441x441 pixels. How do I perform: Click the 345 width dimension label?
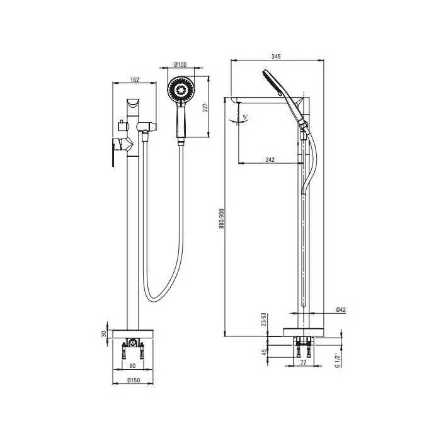276,57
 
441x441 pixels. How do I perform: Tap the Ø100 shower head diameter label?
180,65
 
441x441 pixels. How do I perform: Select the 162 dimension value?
135,80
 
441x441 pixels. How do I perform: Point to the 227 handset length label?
205,108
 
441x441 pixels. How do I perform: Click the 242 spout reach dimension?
270,160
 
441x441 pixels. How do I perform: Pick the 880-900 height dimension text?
222,219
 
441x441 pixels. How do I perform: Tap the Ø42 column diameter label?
341,310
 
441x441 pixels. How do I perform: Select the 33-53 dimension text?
264,319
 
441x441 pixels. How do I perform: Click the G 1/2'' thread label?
338,360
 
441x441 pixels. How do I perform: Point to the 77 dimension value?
303,363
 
